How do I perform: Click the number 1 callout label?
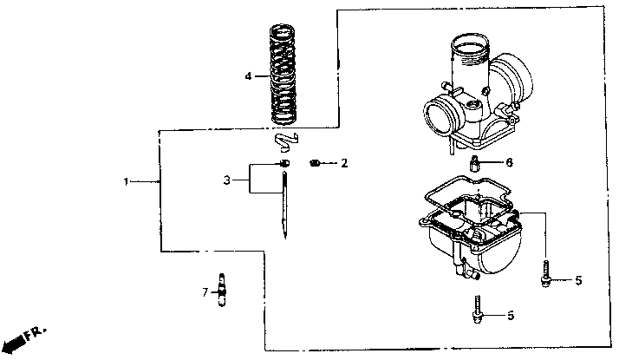click(126, 182)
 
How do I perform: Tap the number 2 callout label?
click(344, 163)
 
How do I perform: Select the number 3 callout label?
click(226, 180)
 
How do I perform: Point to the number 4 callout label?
click(248, 76)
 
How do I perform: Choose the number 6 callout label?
click(509, 162)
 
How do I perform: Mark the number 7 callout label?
click(205, 292)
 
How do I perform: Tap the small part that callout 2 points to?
click(316, 162)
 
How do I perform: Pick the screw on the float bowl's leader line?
click(548, 275)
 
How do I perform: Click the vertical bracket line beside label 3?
click(250, 178)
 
